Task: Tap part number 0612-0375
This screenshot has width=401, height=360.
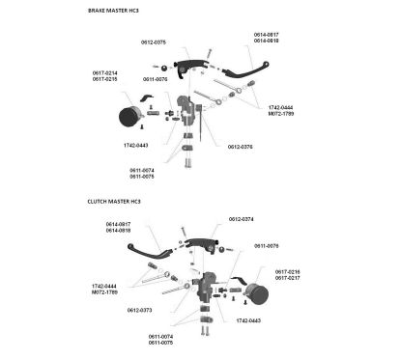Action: click(153, 42)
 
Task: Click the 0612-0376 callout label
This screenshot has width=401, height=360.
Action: click(241, 147)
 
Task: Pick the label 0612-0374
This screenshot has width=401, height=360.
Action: click(241, 219)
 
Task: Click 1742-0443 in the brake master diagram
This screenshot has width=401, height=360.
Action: click(135, 145)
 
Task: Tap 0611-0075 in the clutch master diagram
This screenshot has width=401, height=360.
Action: click(161, 343)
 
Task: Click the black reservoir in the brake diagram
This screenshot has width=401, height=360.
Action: click(130, 117)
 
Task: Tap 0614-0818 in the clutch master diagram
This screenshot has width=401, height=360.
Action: click(118, 231)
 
